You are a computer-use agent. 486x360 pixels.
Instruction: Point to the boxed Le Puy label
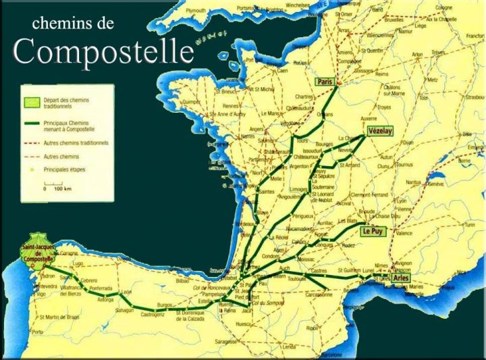[373, 231]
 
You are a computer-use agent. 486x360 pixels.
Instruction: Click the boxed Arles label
[401, 278]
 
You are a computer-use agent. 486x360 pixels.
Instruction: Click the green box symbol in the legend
[30, 102]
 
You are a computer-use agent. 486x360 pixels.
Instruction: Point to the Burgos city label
[165, 305]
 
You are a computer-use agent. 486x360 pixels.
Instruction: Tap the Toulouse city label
[296, 278]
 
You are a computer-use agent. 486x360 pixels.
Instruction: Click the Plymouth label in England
[196, 11]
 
